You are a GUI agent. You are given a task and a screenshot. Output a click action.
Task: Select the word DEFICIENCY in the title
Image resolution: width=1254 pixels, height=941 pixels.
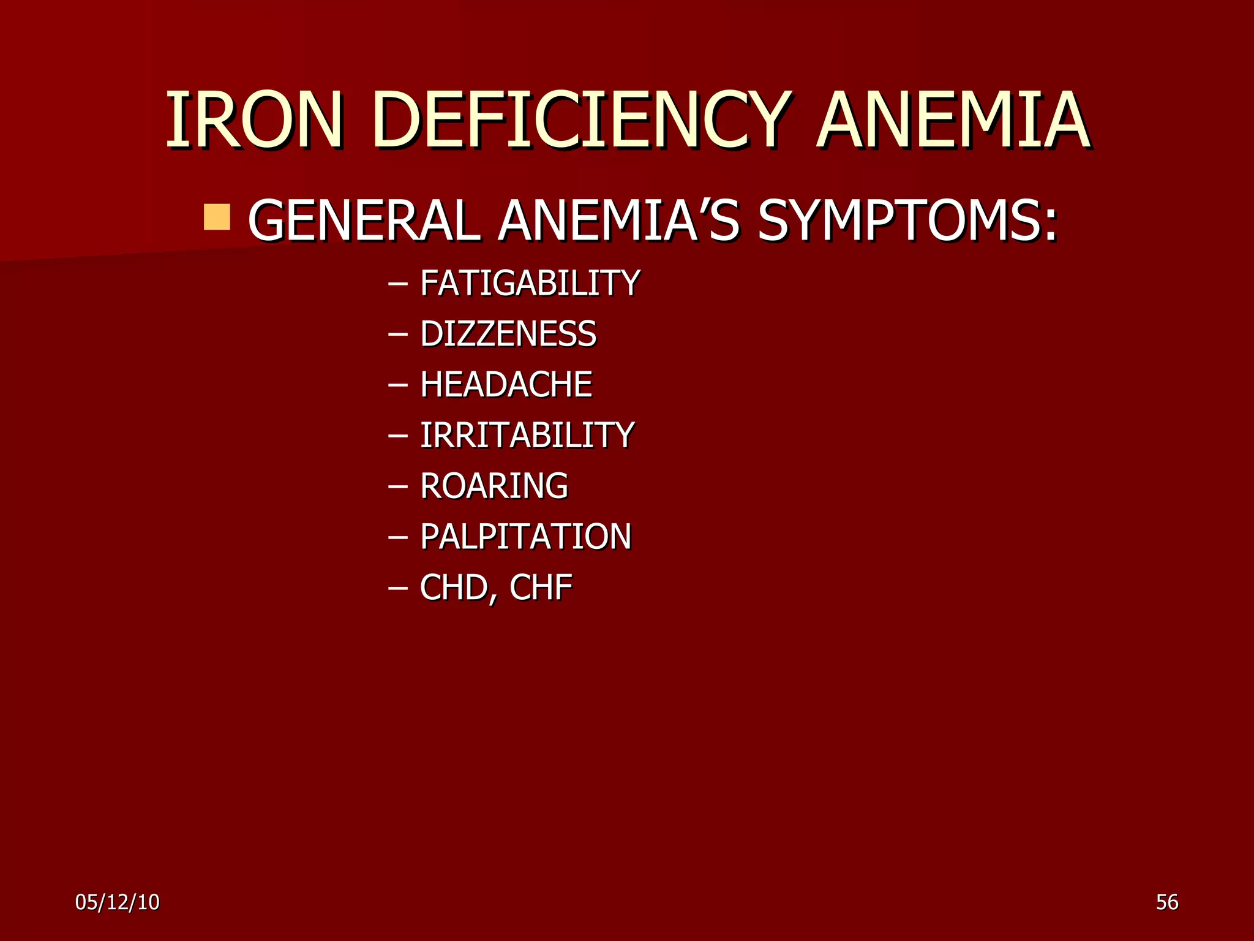[x=579, y=120]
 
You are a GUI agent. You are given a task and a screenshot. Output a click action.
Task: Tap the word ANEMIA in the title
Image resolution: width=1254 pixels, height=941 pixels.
[x=953, y=120]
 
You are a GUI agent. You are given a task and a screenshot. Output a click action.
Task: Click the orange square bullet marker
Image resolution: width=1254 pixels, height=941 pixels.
[x=217, y=217]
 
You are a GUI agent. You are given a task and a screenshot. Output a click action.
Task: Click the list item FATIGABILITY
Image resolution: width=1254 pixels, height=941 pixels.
[x=530, y=283]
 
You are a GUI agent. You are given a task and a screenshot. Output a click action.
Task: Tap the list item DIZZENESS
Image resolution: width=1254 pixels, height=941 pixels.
[x=508, y=334]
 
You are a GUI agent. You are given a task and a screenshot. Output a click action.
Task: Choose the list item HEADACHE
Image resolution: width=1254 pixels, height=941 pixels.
[x=506, y=385]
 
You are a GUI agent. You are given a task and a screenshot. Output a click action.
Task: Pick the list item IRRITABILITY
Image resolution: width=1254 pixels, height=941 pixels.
[x=527, y=436]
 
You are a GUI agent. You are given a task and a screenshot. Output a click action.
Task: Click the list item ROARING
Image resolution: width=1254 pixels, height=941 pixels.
[x=494, y=486]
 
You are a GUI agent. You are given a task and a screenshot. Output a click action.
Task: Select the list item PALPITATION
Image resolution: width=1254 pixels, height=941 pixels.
[x=525, y=537]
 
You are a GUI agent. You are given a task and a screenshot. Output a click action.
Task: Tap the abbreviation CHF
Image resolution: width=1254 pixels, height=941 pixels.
[x=541, y=588]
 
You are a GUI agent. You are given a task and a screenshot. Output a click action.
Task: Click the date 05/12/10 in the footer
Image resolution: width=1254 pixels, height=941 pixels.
[x=118, y=902]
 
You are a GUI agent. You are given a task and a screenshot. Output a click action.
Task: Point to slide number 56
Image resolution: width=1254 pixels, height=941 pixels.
[x=1167, y=902]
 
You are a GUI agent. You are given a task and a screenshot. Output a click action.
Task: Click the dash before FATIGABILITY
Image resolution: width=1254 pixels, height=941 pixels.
[x=398, y=284]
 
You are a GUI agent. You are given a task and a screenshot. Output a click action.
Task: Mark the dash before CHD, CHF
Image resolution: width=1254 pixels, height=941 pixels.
[x=398, y=589]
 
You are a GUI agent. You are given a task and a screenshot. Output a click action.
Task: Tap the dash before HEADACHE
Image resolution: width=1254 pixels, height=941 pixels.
[x=398, y=386]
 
